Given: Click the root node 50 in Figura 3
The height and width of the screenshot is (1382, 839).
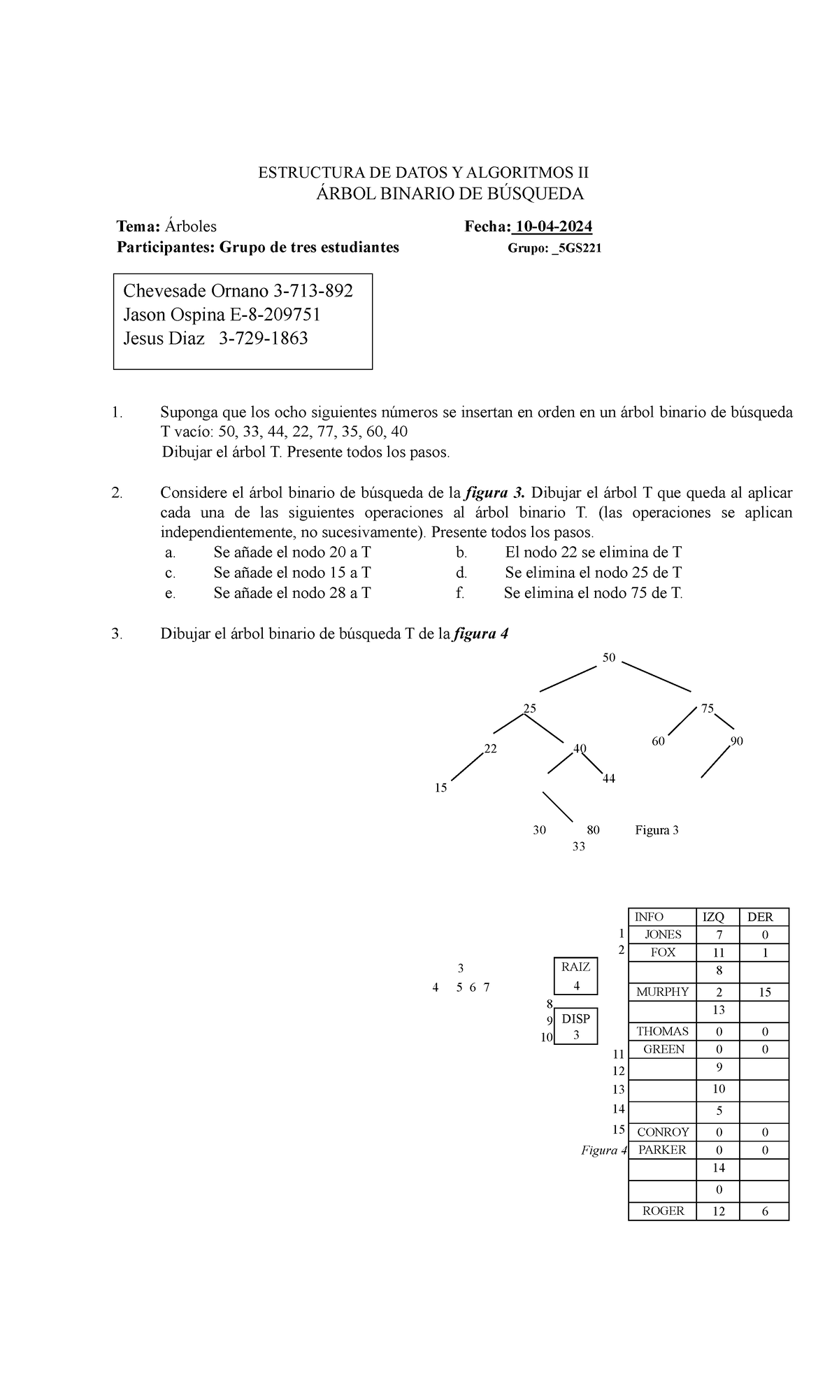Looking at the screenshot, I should [x=609, y=658].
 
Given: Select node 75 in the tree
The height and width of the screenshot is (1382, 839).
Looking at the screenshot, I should [x=707, y=708].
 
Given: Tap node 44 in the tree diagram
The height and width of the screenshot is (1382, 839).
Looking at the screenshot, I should [x=608, y=778].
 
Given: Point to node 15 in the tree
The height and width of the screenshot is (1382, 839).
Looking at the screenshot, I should [x=440, y=788].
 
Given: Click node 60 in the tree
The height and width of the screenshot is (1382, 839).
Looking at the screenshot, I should [x=658, y=741].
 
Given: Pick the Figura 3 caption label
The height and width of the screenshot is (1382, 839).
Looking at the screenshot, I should [x=657, y=830].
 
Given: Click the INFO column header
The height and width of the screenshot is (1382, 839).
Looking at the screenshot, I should [x=649, y=917].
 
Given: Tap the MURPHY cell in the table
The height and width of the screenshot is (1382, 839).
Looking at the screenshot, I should [x=662, y=992].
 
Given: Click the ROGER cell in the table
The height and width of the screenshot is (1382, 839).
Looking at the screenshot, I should [x=662, y=1211].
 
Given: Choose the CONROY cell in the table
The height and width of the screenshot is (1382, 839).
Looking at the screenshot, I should [x=663, y=1132].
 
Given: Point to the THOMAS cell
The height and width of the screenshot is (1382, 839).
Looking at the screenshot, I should [x=662, y=1031].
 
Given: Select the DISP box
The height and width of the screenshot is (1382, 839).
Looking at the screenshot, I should [x=576, y=1026].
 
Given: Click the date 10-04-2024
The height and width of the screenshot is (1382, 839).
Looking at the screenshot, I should [x=553, y=227].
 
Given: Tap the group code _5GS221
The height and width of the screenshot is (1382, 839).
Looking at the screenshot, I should [x=577, y=248].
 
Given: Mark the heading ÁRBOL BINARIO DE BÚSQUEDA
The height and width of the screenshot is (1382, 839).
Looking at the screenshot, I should [x=450, y=193].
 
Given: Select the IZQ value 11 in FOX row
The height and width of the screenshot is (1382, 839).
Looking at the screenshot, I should [x=719, y=953].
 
